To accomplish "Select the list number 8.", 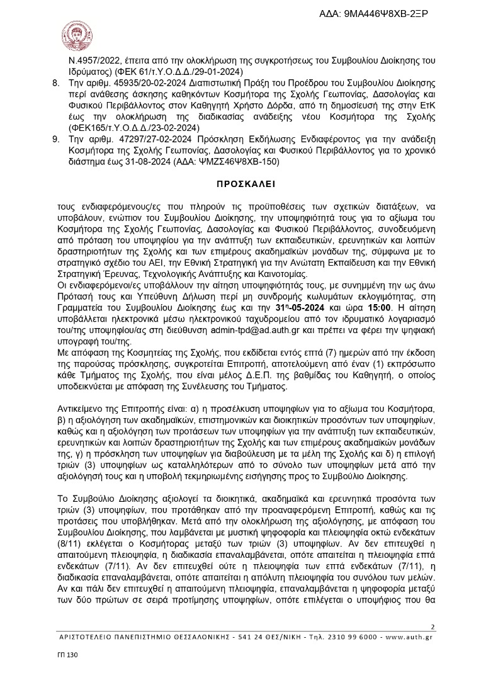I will (55, 82).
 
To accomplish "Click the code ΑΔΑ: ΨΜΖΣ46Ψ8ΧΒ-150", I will (231, 162).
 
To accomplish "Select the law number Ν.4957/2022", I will (98, 62).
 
